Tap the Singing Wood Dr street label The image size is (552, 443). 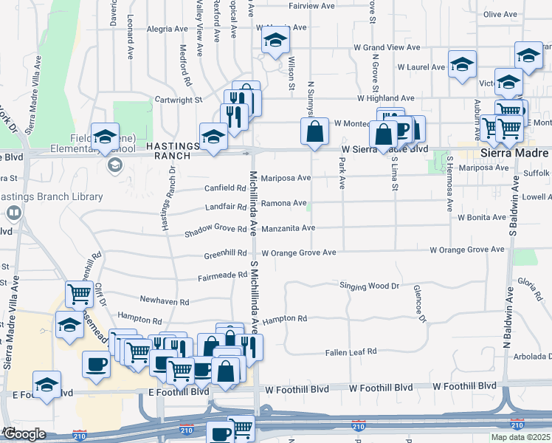[369, 285]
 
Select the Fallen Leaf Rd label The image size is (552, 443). [351, 352]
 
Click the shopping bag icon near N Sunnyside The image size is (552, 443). [314, 132]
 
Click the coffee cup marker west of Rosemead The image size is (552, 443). [96, 364]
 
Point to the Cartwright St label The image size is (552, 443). [179, 100]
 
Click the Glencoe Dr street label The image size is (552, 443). [420, 303]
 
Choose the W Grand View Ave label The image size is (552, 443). [387, 47]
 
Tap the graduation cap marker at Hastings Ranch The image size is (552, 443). [213, 137]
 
